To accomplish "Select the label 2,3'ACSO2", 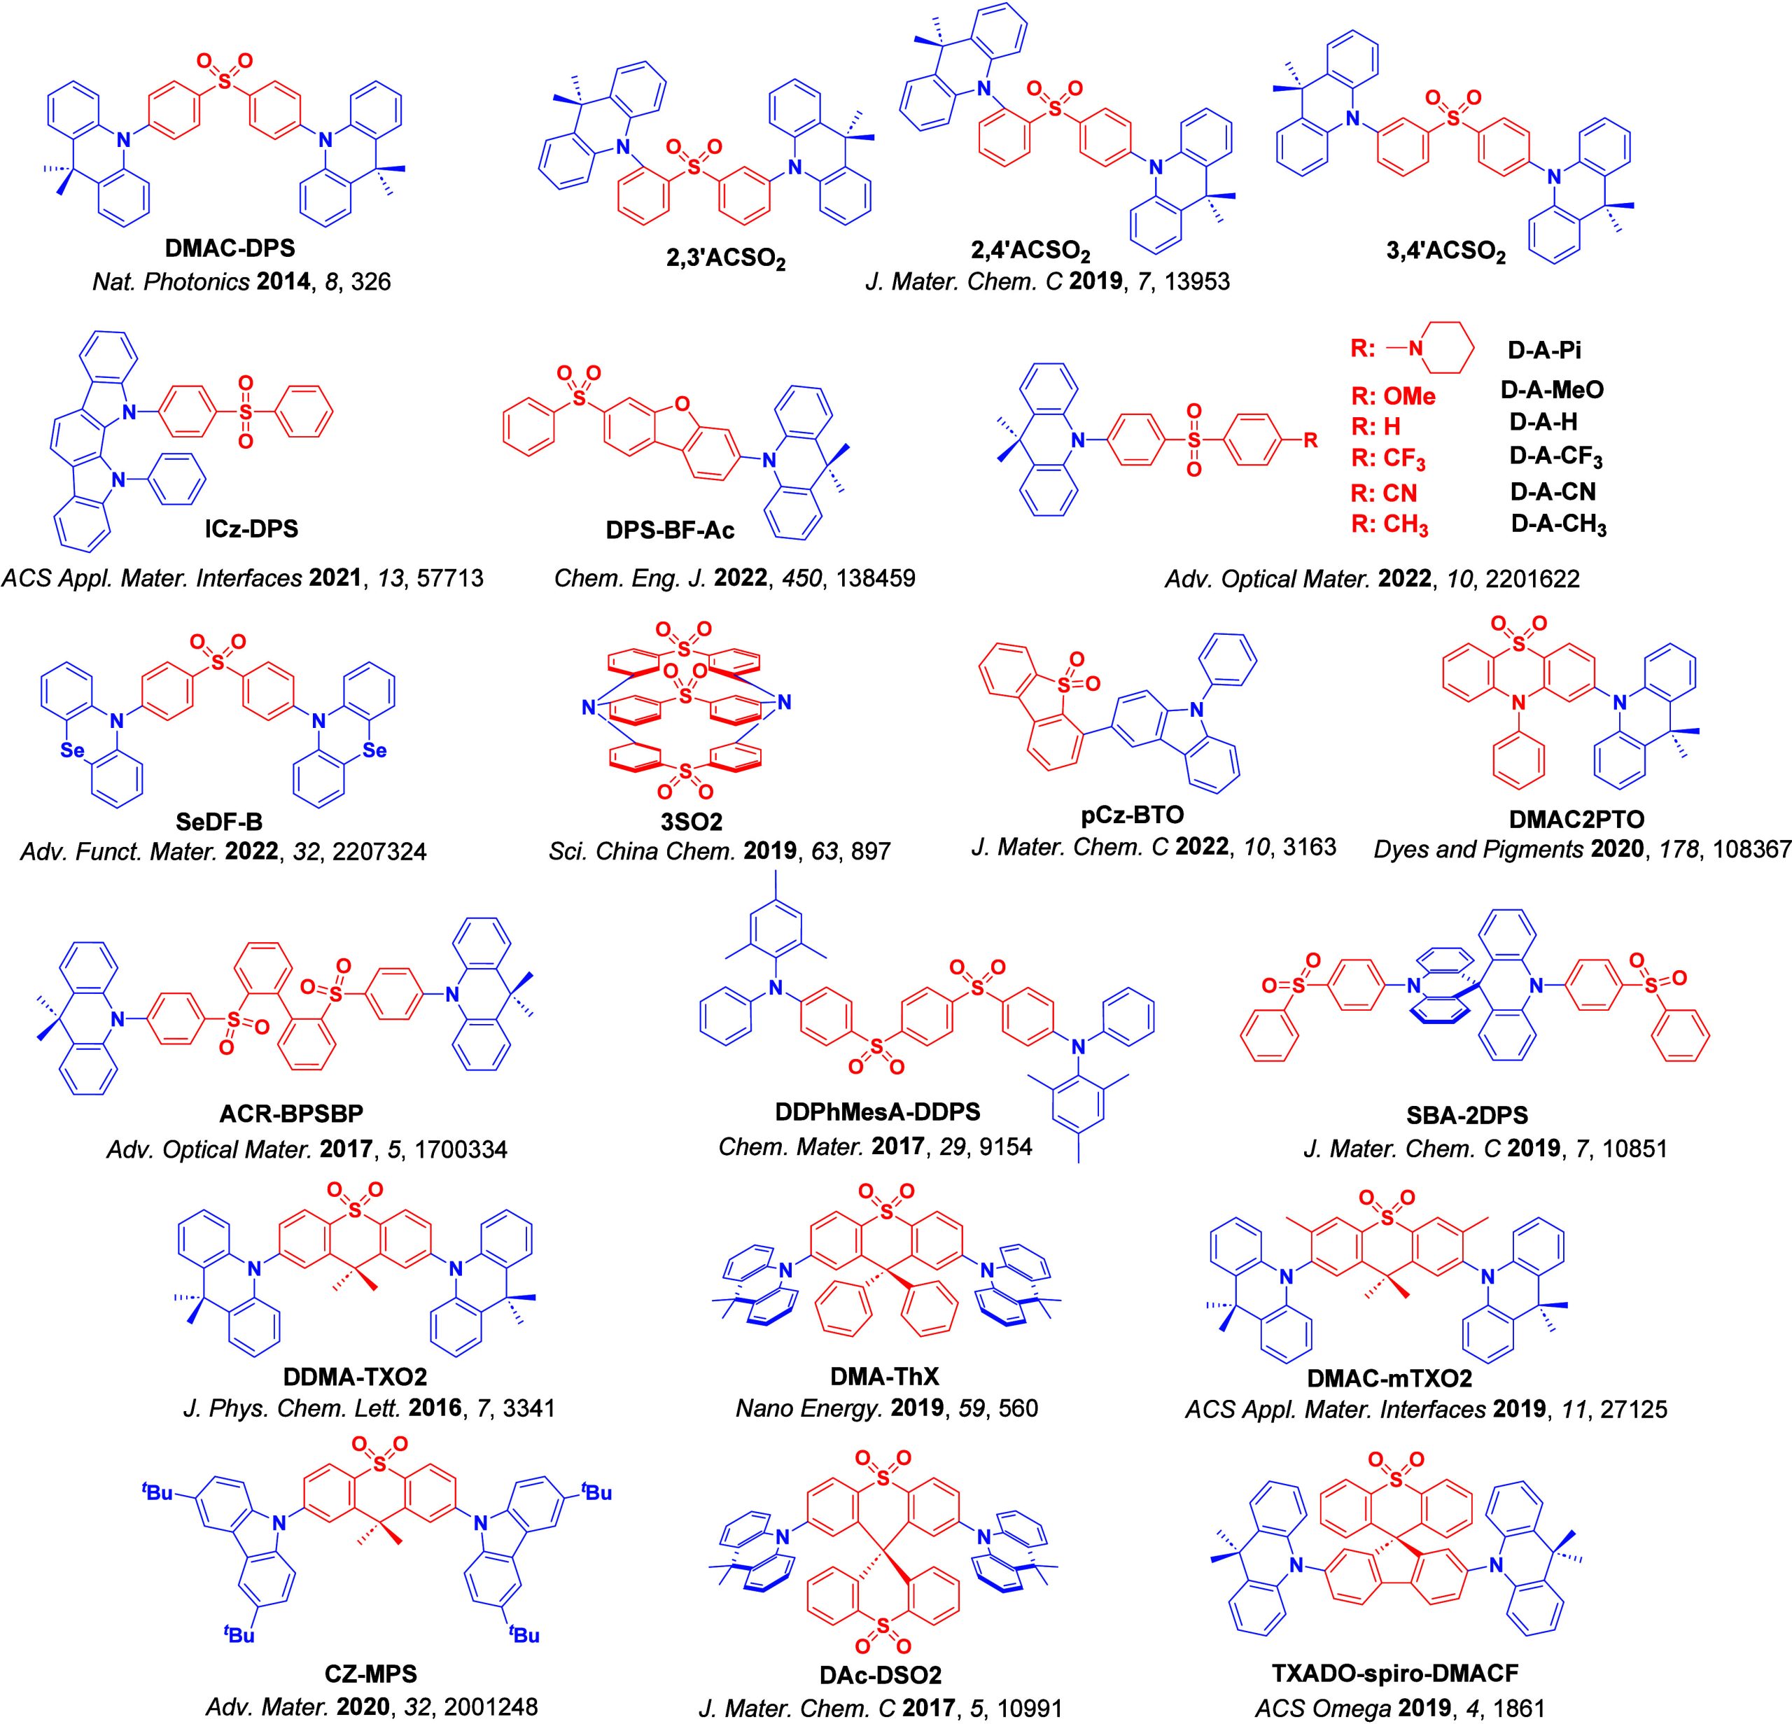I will click(726, 261).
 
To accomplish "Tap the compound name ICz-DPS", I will click(251, 528).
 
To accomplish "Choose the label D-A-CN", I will click(1553, 492).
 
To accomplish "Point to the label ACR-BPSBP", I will click(290, 1114).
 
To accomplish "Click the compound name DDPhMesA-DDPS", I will click(877, 1112).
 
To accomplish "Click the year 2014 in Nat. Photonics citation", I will click(284, 281).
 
